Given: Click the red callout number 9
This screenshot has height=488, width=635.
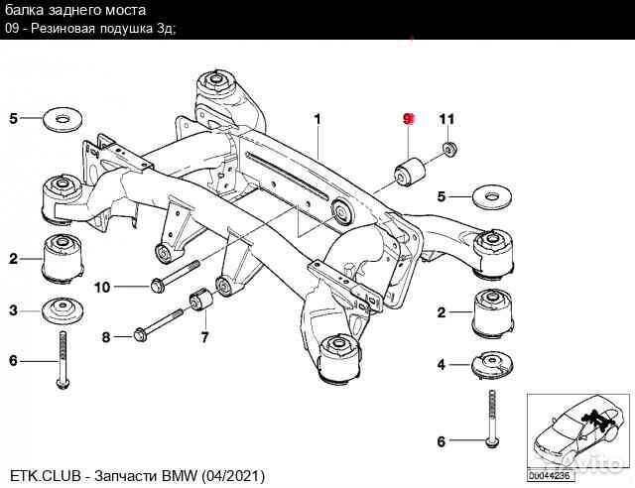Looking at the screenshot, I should coord(407,119).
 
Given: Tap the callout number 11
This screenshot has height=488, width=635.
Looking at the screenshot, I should coord(446,119).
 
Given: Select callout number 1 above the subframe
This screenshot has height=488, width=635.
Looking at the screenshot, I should coord(317,119).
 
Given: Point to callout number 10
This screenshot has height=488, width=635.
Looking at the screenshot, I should coord(102,288).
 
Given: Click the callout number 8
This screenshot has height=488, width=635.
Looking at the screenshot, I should coord(106,337).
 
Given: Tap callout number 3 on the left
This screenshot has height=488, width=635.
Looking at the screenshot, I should coord(14,311).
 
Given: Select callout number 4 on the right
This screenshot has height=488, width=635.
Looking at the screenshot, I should coord(441,363).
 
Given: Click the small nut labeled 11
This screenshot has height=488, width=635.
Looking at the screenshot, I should coord(448,150).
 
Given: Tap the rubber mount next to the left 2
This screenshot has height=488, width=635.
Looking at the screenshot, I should coord(62,260).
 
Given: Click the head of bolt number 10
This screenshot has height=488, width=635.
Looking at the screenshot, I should coord(158,287).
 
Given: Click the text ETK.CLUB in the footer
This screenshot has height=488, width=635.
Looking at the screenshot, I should coord(43,477).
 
